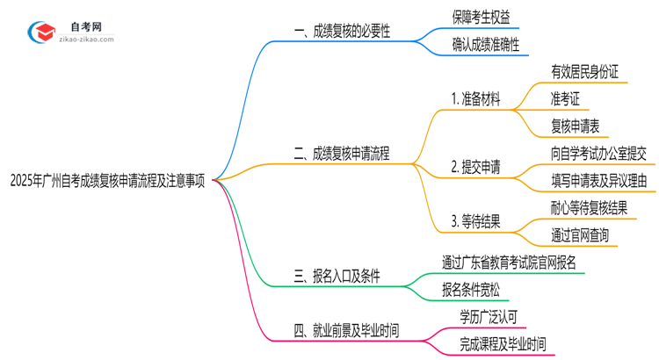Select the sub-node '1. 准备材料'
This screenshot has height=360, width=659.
[475, 99]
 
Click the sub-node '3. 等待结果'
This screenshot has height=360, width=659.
[475, 222]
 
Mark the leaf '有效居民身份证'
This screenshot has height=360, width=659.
[584, 72]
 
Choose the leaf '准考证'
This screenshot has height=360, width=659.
[565, 98]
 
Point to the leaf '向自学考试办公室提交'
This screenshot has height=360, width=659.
[598, 154]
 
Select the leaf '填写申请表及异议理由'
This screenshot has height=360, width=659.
[598, 182]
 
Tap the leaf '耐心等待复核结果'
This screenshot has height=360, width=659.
[589, 208]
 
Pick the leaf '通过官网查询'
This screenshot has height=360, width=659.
[580, 235]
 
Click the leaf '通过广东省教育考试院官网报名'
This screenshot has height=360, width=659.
[510, 262]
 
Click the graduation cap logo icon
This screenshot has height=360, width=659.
[40, 32]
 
